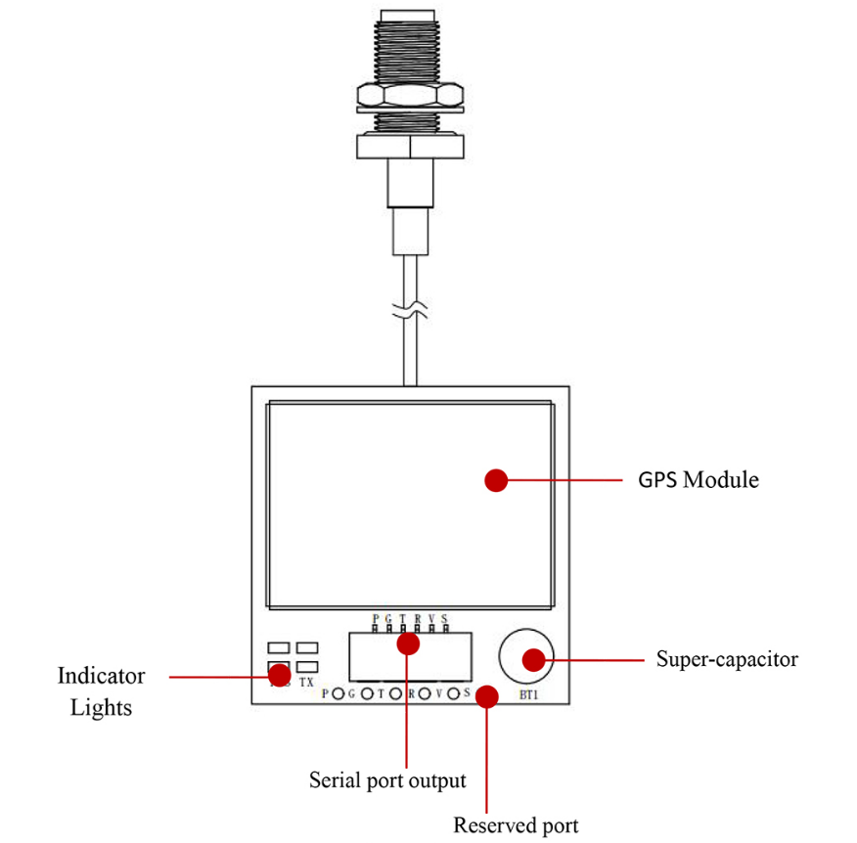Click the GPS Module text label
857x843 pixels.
pos(699,480)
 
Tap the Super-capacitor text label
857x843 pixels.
pos(727,658)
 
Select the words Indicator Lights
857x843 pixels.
pos(101,690)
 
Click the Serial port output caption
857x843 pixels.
pos(387,780)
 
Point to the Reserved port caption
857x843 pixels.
pos(516,825)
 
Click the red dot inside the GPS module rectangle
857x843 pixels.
pos(497,480)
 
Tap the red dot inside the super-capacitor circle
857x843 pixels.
pos(532,659)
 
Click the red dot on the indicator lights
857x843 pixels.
pos(280,674)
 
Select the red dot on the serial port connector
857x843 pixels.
pos(408,643)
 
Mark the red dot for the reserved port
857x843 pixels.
pos(487,698)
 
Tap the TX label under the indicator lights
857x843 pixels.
pos(306,683)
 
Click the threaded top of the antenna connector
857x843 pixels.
pos(409,44)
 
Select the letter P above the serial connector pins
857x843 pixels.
pos(376,618)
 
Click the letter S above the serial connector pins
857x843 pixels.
pos(444,618)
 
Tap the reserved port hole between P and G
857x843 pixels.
pos(338,694)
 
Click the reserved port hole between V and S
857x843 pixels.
pos(454,694)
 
